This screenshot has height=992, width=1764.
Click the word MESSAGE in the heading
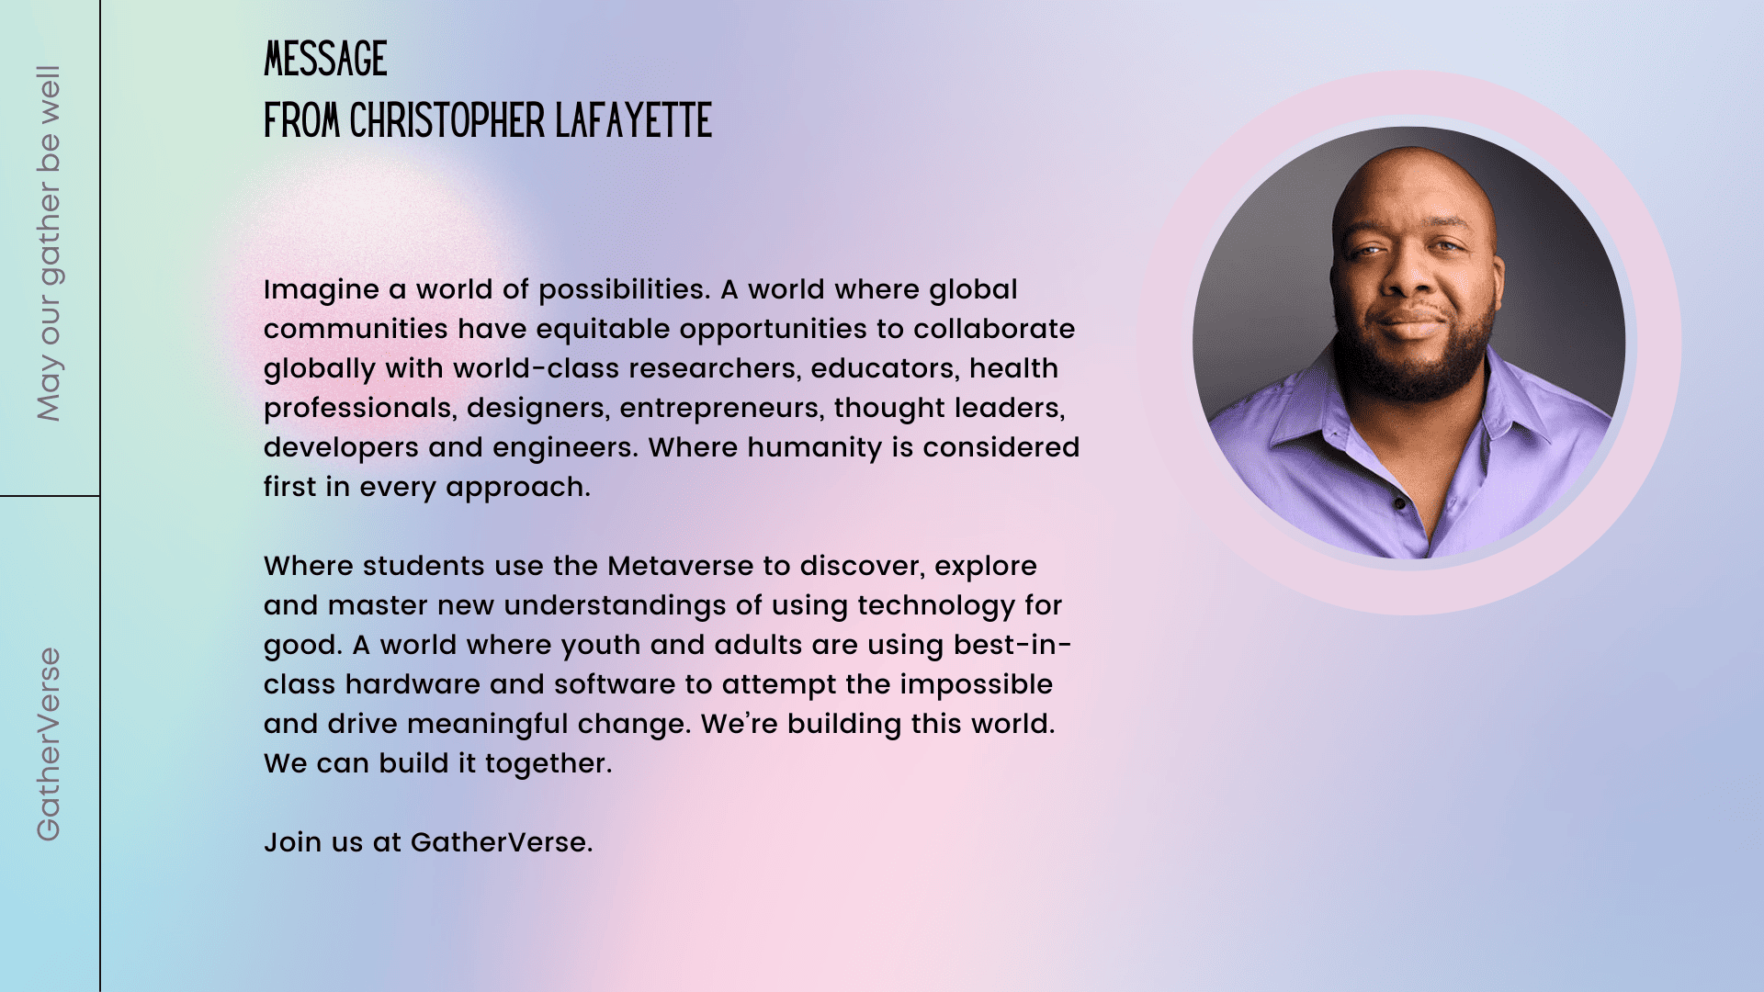click(x=325, y=59)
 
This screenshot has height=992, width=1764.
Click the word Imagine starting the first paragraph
click(x=322, y=290)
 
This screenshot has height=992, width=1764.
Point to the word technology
click(x=936, y=606)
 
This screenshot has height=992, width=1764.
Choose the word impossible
click(x=977, y=685)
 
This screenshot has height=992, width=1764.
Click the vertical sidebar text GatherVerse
click(x=49, y=744)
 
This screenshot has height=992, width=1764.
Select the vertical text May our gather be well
click(x=49, y=243)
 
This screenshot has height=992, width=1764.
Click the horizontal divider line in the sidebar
click(x=50, y=496)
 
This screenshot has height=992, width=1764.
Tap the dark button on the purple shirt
click(x=1400, y=504)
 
